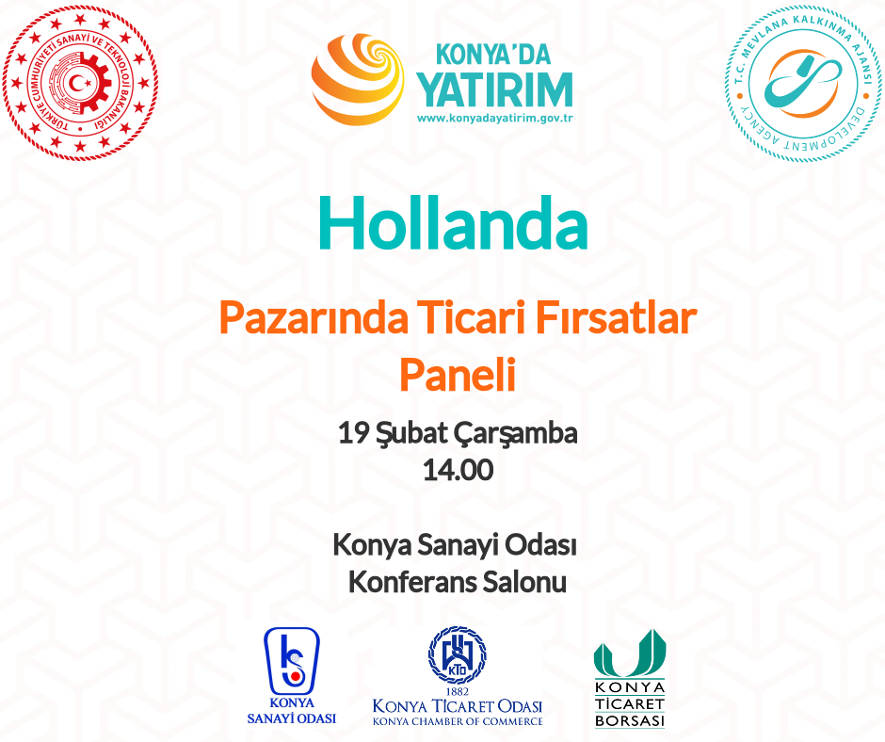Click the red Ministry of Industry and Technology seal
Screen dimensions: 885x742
click(x=80, y=84)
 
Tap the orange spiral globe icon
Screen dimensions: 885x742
click(x=358, y=79)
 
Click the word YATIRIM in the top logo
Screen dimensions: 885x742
click(x=495, y=89)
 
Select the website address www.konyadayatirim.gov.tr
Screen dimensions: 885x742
click(x=495, y=119)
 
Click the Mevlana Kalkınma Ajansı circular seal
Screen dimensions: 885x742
click(x=804, y=84)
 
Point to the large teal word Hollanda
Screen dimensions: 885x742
click(x=453, y=223)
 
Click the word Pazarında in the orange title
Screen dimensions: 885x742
click(x=314, y=318)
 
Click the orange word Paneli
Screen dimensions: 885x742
click(x=458, y=375)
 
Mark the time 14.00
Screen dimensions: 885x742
click(x=458, y=471)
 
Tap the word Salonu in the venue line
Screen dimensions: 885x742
click(x=524, y=582)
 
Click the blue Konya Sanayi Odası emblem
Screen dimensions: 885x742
click(x=292, y=661)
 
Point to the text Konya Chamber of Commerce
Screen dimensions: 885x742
click(x=458, y=721)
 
